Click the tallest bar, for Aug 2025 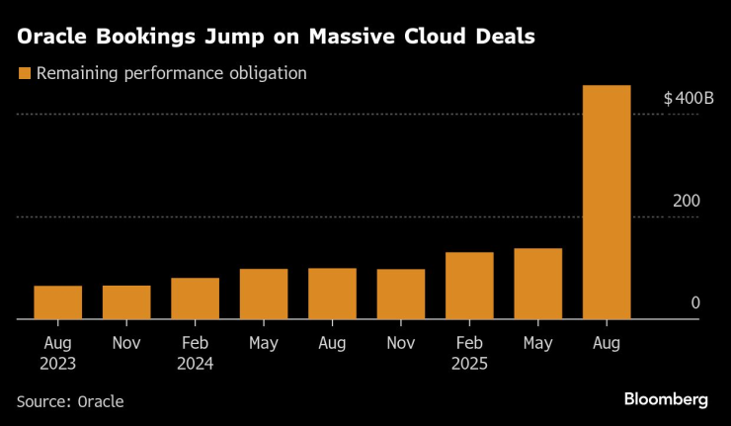(x=607, y=203)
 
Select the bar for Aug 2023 (x=57, y=302)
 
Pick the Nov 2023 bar (x=126, y=302)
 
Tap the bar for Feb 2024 (x=195, y=298)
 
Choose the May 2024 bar (x=264, y=294)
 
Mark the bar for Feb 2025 (x=469, y=286)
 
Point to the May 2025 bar (x=538, y=284)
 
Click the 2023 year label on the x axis (x=57, y=363)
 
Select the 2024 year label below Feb (x=195, y=363)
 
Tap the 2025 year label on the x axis (x=469, y=363)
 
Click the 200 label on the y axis (x=687, y=201)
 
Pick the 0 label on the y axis (x=695, y=302)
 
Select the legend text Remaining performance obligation (x=171, y=73)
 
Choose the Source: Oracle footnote (x=69, y=400)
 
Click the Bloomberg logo (x=666, y=399)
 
